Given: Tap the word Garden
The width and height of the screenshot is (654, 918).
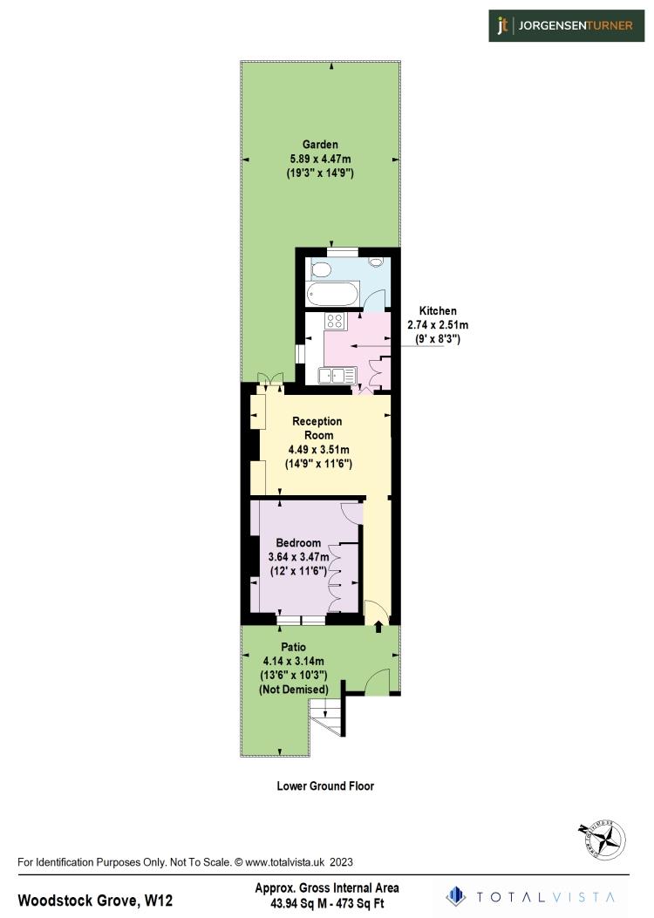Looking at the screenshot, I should [320, 145].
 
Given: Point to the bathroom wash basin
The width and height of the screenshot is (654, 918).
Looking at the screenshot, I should [377, 262].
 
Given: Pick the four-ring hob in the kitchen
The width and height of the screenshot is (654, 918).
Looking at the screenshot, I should [335, 321].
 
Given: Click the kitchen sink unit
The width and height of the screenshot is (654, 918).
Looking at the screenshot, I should [337, 376].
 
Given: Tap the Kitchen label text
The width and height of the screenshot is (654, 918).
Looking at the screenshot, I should [437, 310].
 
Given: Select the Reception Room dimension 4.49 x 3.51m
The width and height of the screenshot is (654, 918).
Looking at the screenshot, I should [318, 449].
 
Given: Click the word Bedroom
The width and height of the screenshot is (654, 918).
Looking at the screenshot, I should [298, 542].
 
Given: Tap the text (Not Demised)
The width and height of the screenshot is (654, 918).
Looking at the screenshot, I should [294, 690].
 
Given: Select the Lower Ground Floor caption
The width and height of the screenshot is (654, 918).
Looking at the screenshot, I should [325, 785].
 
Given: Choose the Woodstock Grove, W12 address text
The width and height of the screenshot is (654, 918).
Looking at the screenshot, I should [95, 899].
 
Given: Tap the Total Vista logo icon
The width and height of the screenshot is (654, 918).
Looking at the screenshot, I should [454, 895].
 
